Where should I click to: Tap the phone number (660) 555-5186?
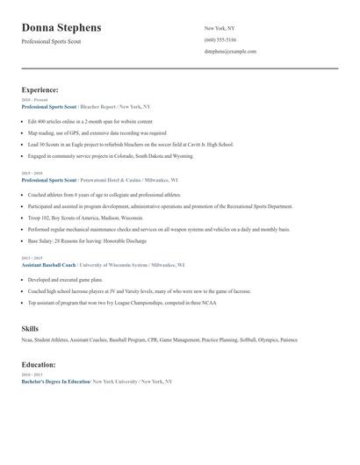[x=220, y=39]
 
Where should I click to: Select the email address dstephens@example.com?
[x=230, y=52]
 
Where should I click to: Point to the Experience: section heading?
[x=40, y=89]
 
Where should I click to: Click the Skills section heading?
[x=30, y=328]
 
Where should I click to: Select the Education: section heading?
[x=40, y=364]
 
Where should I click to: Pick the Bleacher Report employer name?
[x=97, y=105]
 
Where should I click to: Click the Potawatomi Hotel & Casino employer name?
[x=114, y=179]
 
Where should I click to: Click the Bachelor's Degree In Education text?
[x=55, y=382]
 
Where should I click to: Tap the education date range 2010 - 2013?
[x=31, y=376]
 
